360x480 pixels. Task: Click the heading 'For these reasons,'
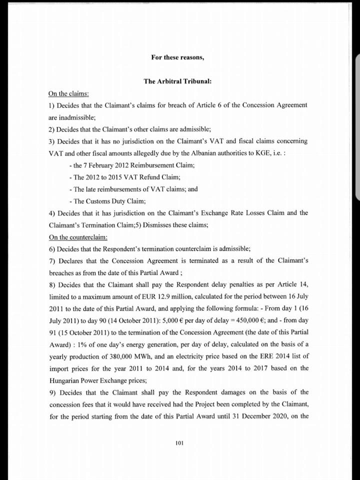tap(177, 57)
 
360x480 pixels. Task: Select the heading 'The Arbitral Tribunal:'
tap(177, 81)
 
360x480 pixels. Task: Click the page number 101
tap(180, 442)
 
